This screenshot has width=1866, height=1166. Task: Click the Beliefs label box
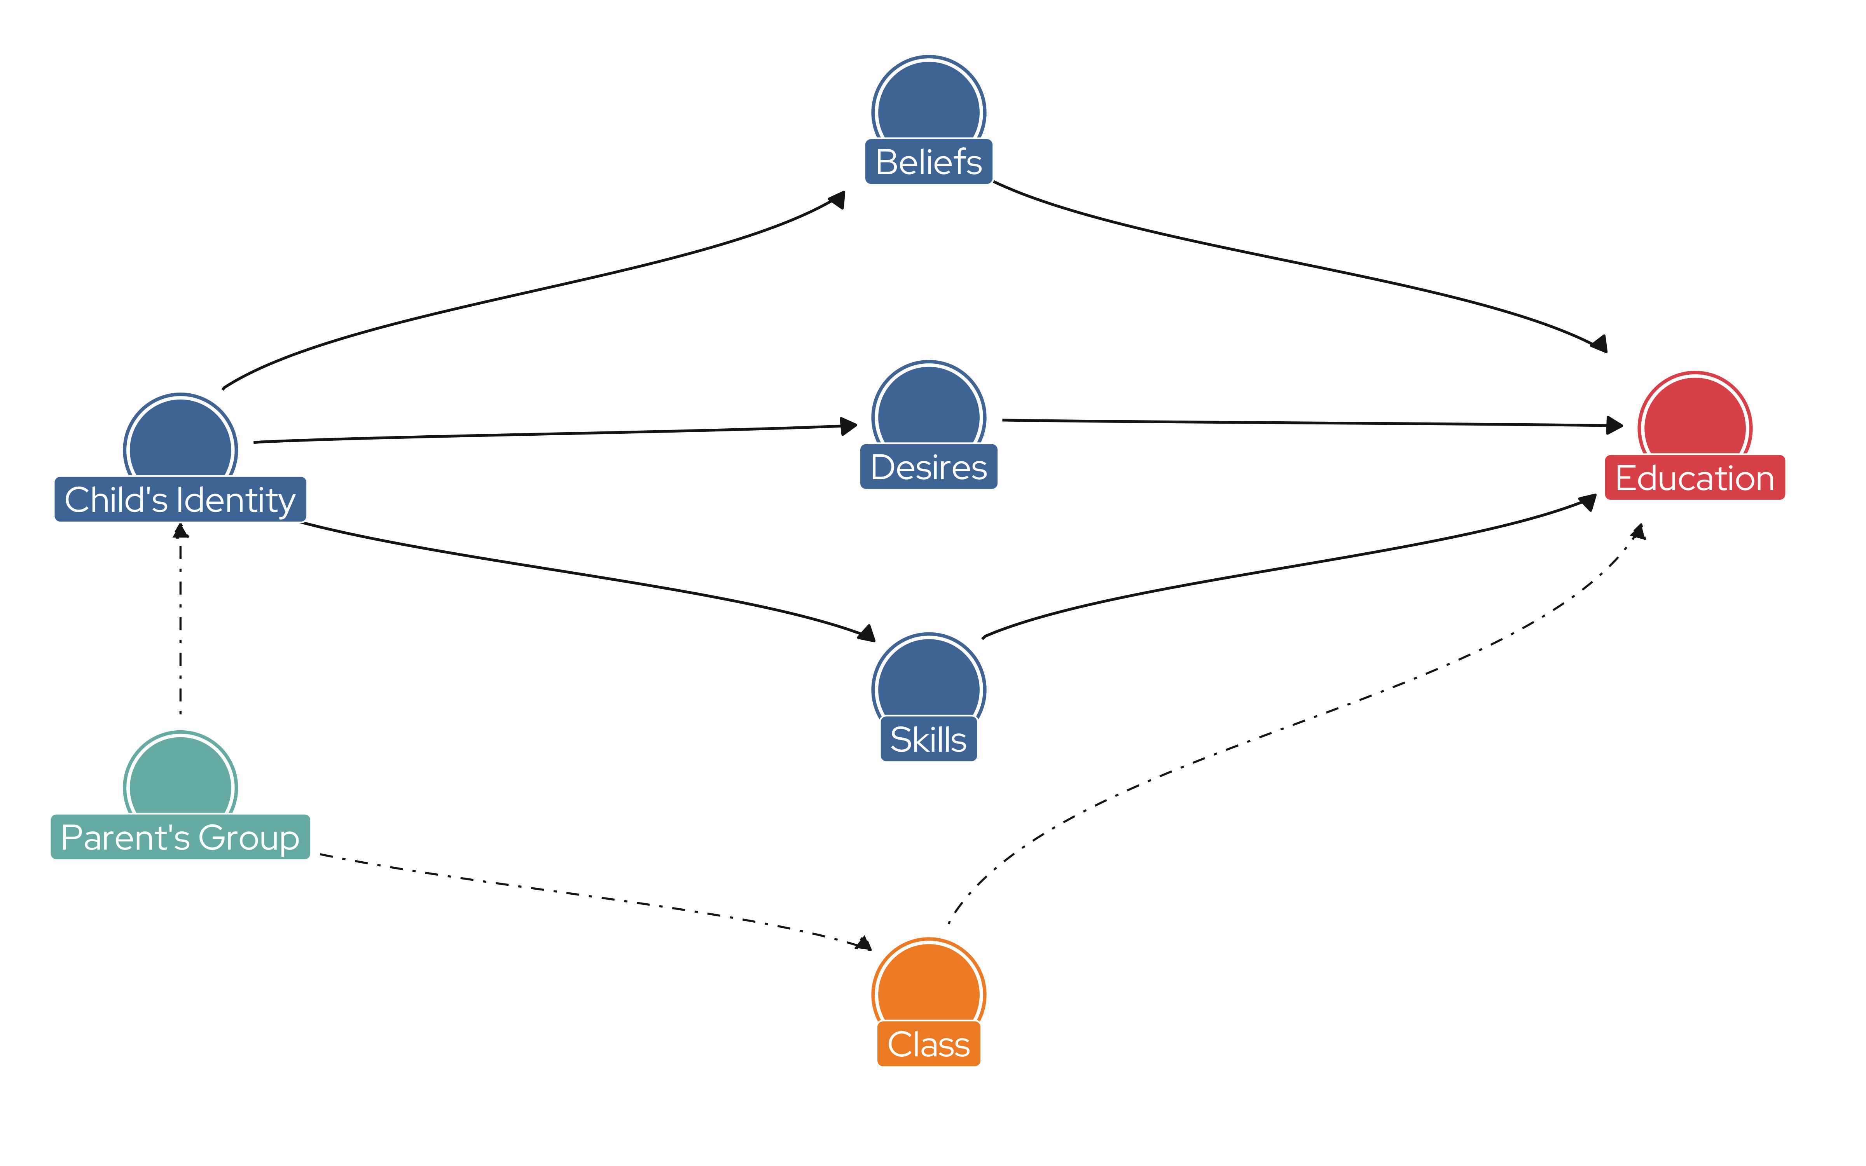pyautogui.click(x=928, y=162)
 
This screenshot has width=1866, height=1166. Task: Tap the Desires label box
pyautogui.click(x=928, y=466)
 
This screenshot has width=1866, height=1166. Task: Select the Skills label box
pyautogui.click(x=928, y=739)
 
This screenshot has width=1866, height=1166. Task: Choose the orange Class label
pyautogui.click(x=928, y=1044)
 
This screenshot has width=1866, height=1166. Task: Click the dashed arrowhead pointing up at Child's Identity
pyautogui.click(x=180, y=531)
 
